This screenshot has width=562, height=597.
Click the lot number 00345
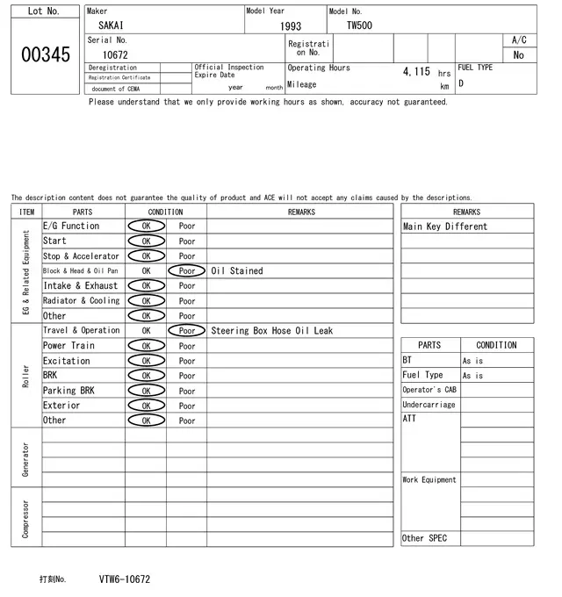tap(45, 55)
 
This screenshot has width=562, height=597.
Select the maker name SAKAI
tap(111, 26)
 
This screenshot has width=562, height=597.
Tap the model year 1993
tap(290, 27)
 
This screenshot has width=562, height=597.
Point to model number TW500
tap(358, 26)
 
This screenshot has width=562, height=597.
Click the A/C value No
tap(518, 55)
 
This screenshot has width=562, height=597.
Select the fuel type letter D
tap(461, 84)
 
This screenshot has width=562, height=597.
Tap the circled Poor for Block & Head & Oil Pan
tap(187, 271)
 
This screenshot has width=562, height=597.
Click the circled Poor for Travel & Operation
tap(187, 331)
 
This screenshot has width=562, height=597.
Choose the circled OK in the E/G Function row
tap(146, 227)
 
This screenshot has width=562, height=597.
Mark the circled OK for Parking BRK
tap(146, 391)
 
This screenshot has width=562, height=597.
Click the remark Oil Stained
tap(236, 271)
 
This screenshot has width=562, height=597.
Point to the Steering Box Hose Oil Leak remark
tap(271, 331)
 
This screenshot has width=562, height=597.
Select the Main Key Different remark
tap(444, 227)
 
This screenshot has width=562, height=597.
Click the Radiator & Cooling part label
tap(81, 301)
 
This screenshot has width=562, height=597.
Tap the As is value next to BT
tap(472, 361)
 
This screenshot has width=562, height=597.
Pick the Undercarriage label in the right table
tap(429, 405)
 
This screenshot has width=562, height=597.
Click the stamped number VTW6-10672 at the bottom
tap(124, 579)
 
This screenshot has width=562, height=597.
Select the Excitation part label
tap(67, 361)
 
